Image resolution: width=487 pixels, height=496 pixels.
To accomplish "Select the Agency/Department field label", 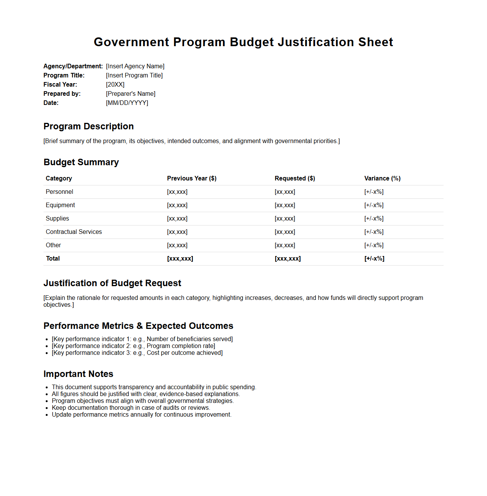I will [73, 66].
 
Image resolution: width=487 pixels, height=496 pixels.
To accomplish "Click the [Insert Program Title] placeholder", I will [134, 76].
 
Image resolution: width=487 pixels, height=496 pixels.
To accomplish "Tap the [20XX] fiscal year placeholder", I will [115, 85].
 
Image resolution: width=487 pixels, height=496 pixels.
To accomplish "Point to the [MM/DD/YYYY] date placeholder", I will [127, 103].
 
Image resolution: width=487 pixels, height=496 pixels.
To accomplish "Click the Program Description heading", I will [88, 126].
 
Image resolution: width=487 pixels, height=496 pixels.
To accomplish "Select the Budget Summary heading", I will [81, 162].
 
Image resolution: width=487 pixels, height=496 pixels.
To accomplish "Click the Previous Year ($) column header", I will [192, 179].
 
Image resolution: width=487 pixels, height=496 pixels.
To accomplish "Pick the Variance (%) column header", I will [382, 179].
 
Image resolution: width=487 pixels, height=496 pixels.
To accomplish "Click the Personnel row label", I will [59, 192].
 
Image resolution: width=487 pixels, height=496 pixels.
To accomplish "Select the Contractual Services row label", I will [74, 232].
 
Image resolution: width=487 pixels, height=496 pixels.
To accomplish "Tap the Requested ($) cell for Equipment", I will [285, 205].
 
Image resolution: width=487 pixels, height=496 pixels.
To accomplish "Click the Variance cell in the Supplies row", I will [374, 219].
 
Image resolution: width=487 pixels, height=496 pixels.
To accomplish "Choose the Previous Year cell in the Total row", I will [180, 259].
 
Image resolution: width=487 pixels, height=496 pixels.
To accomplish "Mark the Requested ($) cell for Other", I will [285, 245].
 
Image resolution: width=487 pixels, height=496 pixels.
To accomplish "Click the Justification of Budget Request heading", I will [112, 283].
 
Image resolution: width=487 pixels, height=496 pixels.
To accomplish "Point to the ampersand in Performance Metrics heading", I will [139, 326].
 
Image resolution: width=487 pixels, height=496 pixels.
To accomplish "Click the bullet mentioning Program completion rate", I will [133, 346].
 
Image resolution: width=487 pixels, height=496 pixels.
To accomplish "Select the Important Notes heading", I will [78, 374].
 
